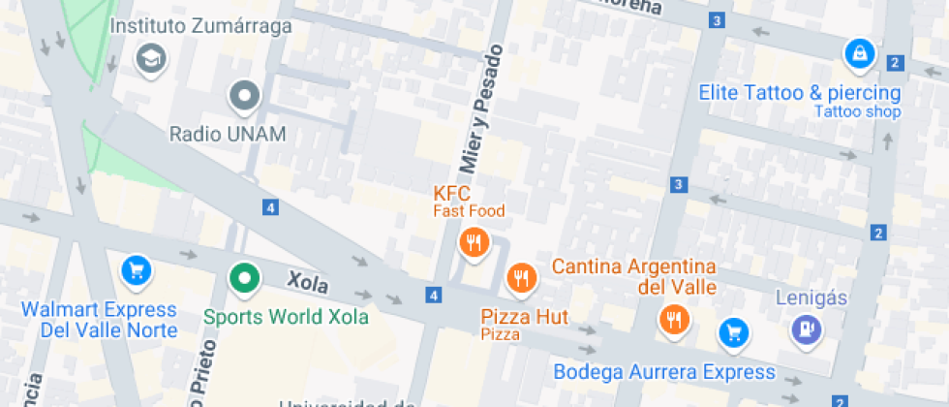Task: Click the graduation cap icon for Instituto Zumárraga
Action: pos(150,59)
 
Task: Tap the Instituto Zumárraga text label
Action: pos(200,26)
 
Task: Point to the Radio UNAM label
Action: pos(228,134)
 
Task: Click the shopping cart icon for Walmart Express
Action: pos(136,270)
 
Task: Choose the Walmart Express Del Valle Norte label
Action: pos(100,320)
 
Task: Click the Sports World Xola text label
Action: pos(286,317)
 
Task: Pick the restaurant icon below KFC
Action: pos(474,243)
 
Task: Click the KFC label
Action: pos(451,193)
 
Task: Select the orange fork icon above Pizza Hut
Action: pos(521,279)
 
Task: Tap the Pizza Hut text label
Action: pos(524,317)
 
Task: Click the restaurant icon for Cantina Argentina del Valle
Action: pos(672,319)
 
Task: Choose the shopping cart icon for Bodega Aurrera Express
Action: pos(734,333)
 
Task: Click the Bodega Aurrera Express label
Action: pos(664,372)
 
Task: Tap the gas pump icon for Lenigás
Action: pos(806,330)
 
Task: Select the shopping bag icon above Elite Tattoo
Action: pos(858,54)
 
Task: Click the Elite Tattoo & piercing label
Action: pos(800,94)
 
